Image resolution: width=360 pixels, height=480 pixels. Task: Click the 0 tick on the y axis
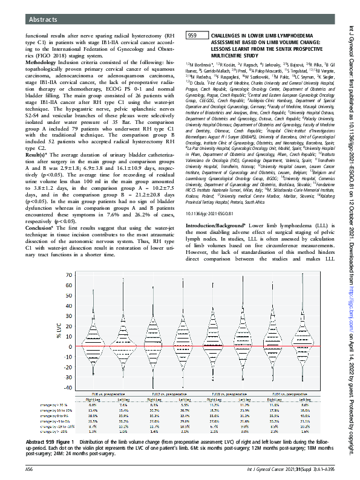(68, 346)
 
